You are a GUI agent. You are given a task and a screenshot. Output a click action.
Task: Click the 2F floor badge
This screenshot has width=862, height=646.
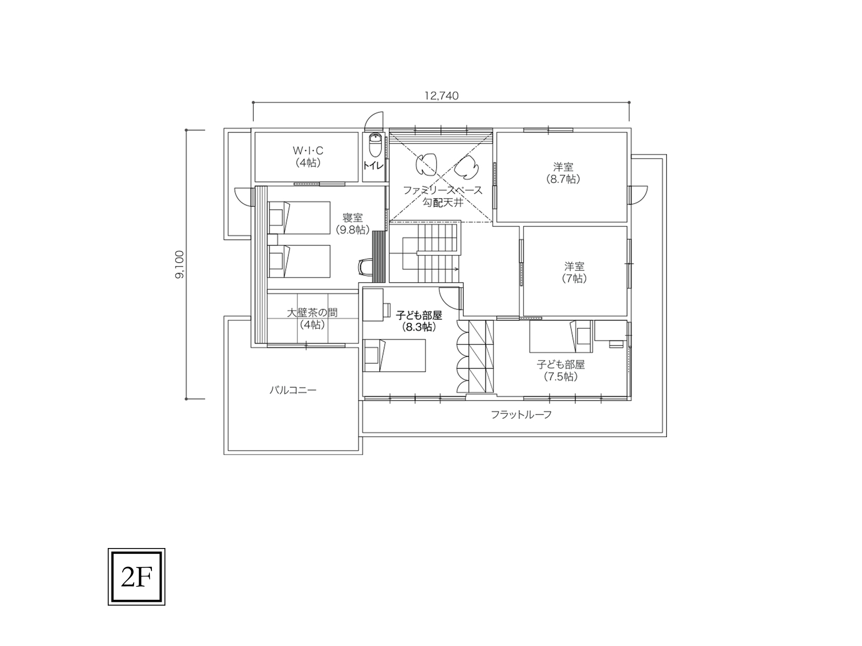click(136, 577)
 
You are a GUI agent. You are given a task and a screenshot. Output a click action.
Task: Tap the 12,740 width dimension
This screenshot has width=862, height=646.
click(441, 96)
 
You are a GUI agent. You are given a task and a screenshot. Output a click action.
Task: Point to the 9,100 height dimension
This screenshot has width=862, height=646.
click(179, 264)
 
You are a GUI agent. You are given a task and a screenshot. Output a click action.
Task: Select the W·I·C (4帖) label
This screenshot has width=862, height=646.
click(308, 156)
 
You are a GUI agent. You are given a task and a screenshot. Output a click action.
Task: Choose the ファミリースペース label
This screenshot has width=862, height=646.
click(443, 191)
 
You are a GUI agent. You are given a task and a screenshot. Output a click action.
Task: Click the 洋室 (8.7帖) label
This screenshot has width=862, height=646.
click(563, 173)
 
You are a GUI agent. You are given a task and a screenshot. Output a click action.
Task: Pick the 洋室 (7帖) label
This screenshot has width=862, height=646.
click(574, 272)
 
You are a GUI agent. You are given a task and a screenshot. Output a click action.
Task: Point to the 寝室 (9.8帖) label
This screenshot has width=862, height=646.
click(353, 224)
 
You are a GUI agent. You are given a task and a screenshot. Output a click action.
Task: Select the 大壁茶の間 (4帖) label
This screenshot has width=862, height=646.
click(312, 319)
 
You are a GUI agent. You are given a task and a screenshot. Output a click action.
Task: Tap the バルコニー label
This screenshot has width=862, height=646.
click(293, 390)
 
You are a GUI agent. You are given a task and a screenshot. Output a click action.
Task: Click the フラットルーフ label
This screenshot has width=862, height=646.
click(521, 415)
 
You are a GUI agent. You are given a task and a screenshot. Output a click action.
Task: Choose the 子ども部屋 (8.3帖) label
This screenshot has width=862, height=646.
click(419, 321)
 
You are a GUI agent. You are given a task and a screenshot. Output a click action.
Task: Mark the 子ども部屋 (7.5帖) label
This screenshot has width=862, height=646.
click(561, 371)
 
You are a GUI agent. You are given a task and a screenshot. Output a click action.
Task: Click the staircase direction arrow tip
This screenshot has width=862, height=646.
click(458, 269)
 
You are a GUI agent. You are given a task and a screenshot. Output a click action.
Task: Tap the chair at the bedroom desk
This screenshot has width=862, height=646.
click(364, 267)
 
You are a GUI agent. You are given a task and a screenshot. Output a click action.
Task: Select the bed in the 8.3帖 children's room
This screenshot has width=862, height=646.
click(394, 356)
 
